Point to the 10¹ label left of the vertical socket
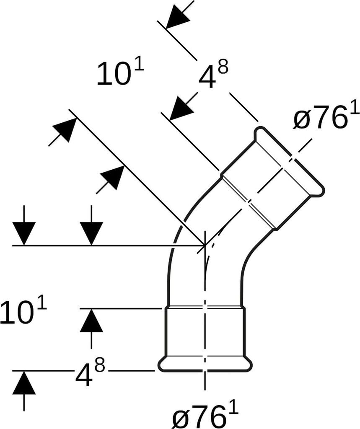pos(23,312)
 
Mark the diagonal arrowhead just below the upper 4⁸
pos(182,108)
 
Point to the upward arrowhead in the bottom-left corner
pos(24,384)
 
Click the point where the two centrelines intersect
pos(205,245)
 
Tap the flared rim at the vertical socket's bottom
pos(205,364)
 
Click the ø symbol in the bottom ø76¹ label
pos(181,419)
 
